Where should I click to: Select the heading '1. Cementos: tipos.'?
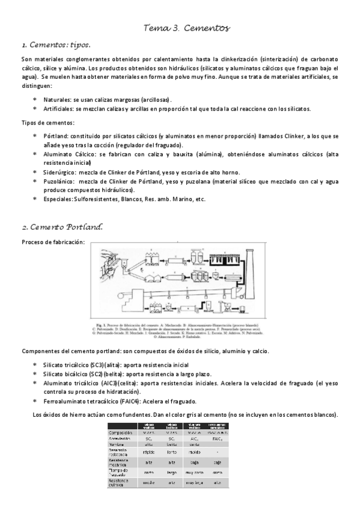[x=55, y=45]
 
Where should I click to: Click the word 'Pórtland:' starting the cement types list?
[x=57, y=136]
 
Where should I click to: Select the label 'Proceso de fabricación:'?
[x=53, y=242]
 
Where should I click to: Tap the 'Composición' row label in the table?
[x=121, y=432]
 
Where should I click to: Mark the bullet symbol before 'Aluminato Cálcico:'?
[x=35, y=154]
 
